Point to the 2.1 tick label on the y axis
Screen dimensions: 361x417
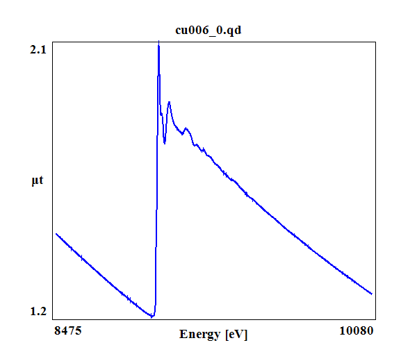click(38, 49)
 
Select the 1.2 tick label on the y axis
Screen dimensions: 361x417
click(38, 312)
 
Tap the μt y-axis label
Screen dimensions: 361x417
click(38, 181)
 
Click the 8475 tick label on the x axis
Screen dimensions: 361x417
click(68, 331)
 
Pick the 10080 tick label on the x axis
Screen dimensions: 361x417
click(357, 331)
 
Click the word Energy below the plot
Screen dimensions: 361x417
click(200, 335)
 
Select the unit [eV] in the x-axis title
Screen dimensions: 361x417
click(236, 335)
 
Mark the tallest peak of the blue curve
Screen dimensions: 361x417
click(159, 42)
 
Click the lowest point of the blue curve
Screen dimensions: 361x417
click(152, 317)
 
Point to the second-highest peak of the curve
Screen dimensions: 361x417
click(169, 102)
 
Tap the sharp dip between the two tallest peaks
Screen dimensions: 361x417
click(165, 143)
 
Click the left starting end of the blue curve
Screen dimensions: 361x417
click(56, 234)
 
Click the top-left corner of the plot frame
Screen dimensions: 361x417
click(53, 41)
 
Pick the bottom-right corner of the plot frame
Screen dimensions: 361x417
click(376, 319)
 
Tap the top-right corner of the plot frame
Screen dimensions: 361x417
click(376, 41)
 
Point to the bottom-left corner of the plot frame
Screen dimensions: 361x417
click(53, 319)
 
